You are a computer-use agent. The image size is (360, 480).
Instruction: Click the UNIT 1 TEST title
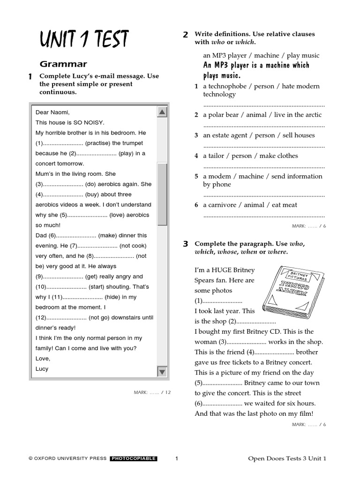84,40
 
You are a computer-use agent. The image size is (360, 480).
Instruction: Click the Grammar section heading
63,64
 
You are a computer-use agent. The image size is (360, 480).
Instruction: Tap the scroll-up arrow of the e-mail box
162,112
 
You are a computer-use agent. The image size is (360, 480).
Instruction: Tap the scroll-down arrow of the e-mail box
162,372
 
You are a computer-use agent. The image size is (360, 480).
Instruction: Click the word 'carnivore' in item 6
228,205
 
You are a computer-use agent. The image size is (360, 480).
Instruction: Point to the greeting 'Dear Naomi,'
52,112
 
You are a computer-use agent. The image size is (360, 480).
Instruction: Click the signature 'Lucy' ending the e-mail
42,369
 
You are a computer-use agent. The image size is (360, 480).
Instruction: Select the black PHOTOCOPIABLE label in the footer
134,458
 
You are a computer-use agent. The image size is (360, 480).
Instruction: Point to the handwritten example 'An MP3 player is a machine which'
256,65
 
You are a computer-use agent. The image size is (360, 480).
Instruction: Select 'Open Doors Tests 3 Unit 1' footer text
287,458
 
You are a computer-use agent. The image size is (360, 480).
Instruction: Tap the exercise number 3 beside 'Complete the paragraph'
186,244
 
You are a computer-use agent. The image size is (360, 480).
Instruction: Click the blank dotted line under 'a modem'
264,195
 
